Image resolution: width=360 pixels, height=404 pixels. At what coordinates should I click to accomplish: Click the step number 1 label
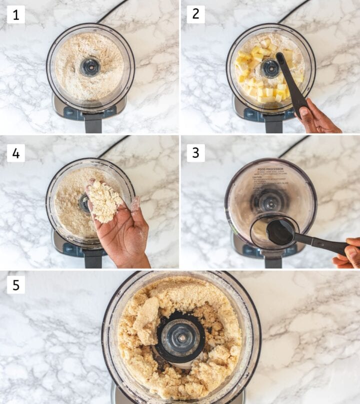click(15, 14)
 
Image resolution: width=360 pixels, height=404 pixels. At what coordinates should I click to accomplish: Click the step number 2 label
click(195, 14)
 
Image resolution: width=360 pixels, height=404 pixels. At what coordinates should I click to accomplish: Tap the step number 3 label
click(195, 153)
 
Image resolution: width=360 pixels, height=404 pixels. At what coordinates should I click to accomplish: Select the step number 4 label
click(15, 153)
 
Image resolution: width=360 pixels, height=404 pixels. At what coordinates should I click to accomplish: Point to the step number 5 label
click(15, 285)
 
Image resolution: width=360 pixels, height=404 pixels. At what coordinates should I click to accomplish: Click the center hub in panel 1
click(90, 66)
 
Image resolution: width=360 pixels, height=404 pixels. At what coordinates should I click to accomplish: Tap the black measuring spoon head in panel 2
click(280, 59)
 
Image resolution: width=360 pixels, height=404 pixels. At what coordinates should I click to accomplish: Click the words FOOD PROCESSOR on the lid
click(270, 170)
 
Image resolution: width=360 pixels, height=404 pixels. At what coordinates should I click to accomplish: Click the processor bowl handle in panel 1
click(93, 122)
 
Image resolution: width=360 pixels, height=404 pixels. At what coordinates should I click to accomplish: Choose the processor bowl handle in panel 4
click(93, 258)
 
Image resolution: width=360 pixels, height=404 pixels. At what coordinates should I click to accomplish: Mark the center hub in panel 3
click(270, 202)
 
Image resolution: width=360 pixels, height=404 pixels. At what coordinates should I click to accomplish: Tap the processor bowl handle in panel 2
click(273, 122)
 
